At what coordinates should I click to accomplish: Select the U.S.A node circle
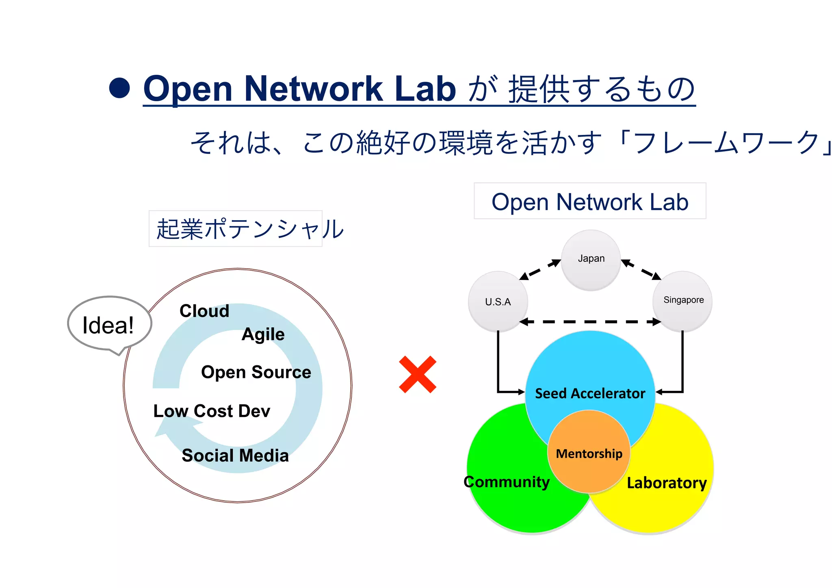(498, 302)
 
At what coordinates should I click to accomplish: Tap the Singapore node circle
(683, 301)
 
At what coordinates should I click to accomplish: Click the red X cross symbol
(418, 374)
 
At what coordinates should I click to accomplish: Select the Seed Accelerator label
(590, 393)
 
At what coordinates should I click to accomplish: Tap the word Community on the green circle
(507, 482)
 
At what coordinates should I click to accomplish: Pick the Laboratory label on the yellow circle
(667, 483)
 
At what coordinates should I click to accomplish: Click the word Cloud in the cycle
(204, 311)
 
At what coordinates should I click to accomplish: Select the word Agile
(263, 334)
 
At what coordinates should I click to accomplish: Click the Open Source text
(256, 372)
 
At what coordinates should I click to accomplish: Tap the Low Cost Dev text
(212, 411)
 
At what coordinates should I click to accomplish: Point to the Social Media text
(235, 456)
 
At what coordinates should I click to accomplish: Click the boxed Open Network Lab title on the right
(590, 202)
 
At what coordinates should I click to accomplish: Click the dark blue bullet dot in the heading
(119, 88)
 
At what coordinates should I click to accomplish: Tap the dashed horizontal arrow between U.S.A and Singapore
(590, 322)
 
